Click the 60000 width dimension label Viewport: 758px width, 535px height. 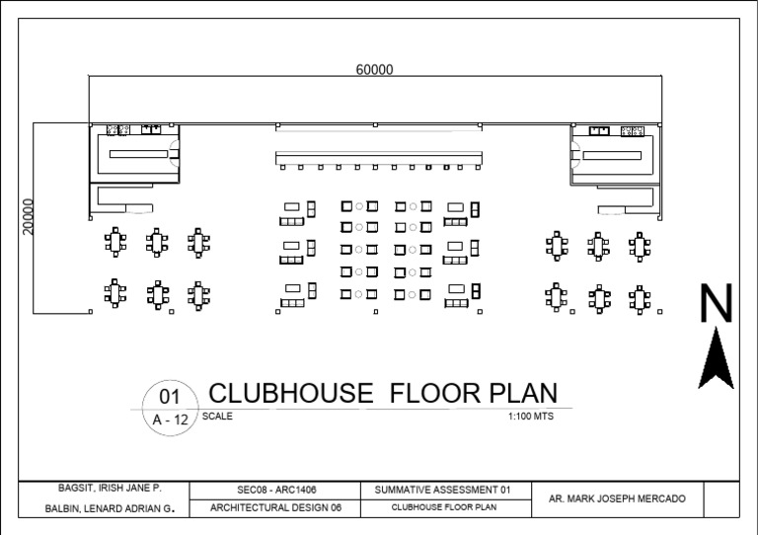click(375, 69)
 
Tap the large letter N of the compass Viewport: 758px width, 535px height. click(717, 304)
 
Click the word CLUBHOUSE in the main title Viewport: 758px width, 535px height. click(291, 394)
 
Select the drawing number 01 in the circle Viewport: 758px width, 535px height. click(170, 397)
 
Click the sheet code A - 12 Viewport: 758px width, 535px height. click(170, 420)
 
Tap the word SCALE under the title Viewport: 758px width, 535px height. click(217, 417)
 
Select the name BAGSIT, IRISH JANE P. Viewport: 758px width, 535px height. click(102, 489)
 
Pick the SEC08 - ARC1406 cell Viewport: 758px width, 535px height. click(277, 490)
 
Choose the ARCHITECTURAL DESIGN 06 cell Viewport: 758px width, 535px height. click(277, 508)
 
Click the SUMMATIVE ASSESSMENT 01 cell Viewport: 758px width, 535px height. click(443, 490)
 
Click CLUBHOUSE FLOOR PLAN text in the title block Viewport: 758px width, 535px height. click(443, 508)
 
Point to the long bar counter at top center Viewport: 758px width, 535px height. click(380, 158)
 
